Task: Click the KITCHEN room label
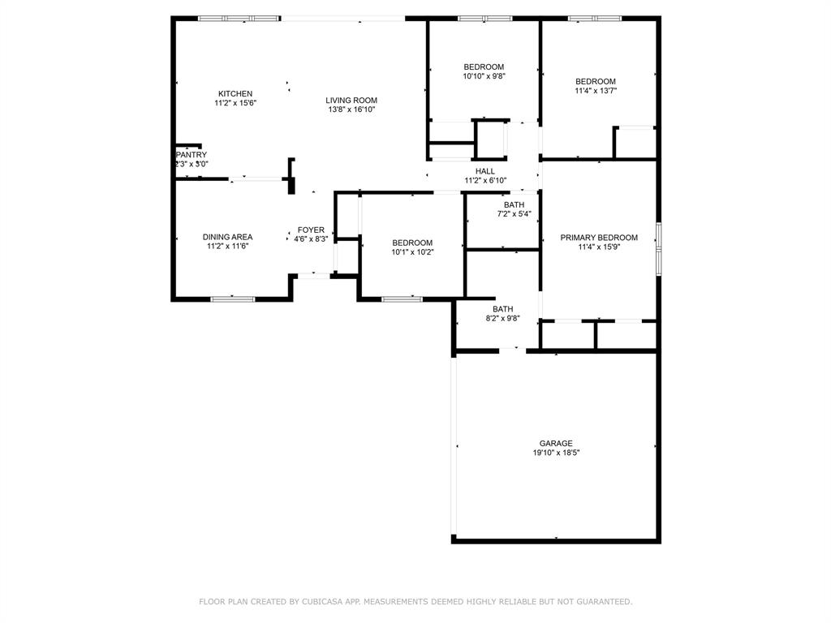(x=235, y=93)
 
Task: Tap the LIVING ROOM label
(x=351, y=100)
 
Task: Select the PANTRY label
(x=192, y=154)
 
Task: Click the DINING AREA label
(x=227, y=237)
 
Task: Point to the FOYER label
(x=311, y=230)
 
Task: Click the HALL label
(x=485, y=170)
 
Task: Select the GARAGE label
(x=556, y=443)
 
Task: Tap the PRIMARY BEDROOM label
(x=599, y=238)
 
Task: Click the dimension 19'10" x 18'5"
(x=556, y=453)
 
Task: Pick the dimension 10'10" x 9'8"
(x=484, y=76)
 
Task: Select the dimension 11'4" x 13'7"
(x=596, y=91)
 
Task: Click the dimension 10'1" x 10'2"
(x=412, y=252)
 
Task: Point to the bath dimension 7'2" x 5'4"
(x=514, y=214)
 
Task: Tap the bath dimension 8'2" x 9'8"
(x=503, y=318)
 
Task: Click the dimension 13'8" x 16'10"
(x=351, y=110)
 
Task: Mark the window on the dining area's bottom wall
(x=232, y=299)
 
